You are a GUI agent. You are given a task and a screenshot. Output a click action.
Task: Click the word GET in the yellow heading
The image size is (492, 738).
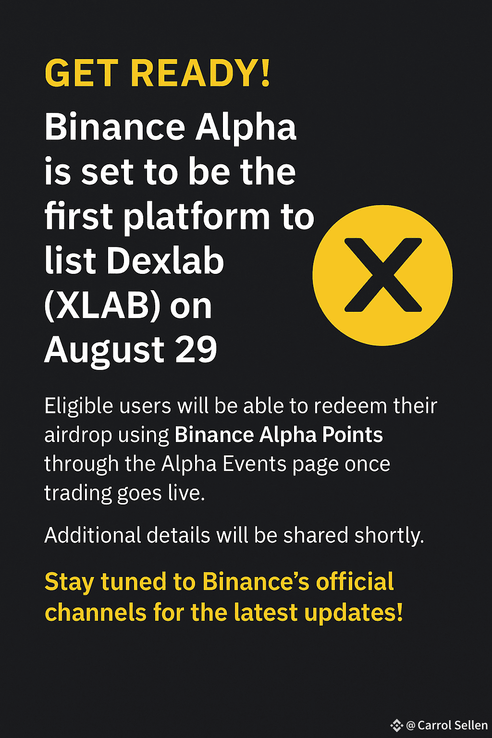(x=81, y=73)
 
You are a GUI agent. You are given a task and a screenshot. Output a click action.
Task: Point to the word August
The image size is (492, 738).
(x=104, y=351)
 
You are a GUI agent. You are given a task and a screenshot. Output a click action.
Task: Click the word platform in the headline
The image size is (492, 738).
(x=197, y=218)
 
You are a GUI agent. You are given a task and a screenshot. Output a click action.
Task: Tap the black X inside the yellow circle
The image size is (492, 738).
(x=383, y=275)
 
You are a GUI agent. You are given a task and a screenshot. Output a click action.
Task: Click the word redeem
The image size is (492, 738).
(x=350, y=406)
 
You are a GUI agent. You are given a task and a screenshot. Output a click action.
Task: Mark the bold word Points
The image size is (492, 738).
(x=352, y=434)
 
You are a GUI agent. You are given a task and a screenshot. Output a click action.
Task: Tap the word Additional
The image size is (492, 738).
(x=93, y=535)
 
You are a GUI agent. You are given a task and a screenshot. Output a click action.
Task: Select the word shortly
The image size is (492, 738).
(x=389, y=535)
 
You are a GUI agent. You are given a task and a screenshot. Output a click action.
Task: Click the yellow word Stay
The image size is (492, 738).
(x=69, y=582)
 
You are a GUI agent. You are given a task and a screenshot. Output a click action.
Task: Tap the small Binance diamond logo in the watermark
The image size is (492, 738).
(x=397, y=725)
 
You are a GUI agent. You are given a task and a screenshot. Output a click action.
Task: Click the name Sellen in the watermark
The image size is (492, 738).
(x=470, y=725)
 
